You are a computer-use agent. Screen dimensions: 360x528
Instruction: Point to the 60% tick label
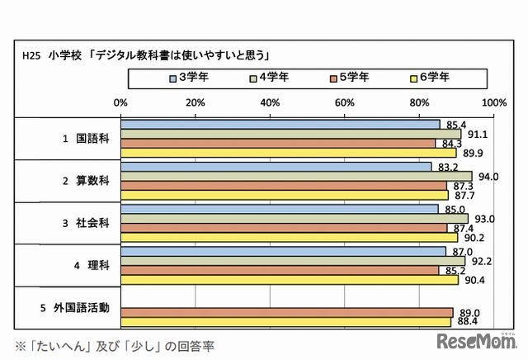point(344,102)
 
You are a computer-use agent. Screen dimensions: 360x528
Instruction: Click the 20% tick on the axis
point(195,102)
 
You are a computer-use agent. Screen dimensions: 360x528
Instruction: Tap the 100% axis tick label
point(493,102)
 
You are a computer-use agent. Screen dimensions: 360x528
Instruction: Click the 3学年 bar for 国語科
point(280,125)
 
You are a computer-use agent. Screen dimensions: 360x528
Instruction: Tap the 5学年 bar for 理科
point(280,270)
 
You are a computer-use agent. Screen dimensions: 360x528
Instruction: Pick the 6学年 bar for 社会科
point(289,238)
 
